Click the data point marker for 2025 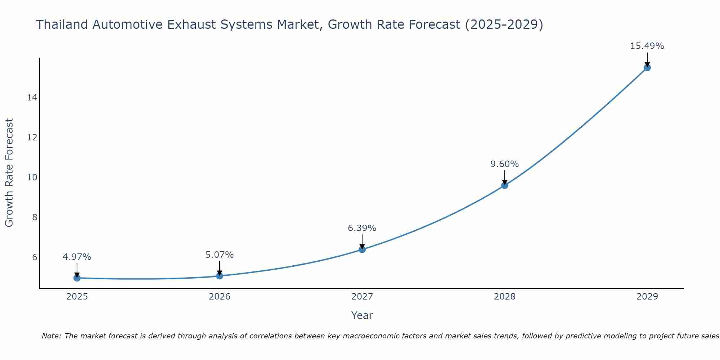pos(77,278)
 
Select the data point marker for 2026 pos(220,276)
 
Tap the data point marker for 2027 pos(362,249)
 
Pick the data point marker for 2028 pos(505,185)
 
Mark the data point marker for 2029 pos(647,68)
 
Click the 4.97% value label pos(77,257)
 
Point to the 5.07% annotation pos(220,255)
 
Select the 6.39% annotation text pos(362,228)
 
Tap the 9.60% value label pos(505,164)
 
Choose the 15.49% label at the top pos(647,46)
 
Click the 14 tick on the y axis pos(32,98)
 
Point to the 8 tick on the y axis pos(35,217)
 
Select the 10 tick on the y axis pos(32,177)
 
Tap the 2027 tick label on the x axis pos(362,297)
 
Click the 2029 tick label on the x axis pos(647,297)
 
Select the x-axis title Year pos(362,315)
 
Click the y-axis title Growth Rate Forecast pos(9,173)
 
